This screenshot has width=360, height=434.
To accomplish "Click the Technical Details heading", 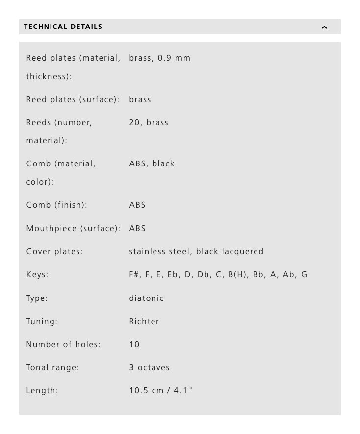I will (x=63, y=27).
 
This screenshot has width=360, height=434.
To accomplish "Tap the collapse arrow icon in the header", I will (x=324, y=27).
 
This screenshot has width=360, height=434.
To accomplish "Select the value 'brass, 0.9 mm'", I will (x=159, y=58).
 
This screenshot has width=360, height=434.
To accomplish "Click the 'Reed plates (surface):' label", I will (x=73, y=99).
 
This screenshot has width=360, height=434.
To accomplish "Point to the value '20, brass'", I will (x=149, y=122).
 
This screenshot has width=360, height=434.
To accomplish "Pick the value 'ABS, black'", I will (x=152, y=163).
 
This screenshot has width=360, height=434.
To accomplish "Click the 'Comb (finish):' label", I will (x=56, y=205).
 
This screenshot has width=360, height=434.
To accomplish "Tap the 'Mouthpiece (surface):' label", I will (x=73, y=228).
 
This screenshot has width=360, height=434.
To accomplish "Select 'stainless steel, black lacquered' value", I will (x=196, y=251).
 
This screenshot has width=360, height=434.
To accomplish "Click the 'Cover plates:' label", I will (x=54, y=251).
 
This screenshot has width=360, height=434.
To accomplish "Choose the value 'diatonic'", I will (x=146, y=298).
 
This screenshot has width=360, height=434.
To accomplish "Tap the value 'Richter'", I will (x=144, y=321).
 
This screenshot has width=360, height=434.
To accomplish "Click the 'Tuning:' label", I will (x=42, y=321).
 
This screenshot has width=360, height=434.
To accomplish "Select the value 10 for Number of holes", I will (x=134, y=344).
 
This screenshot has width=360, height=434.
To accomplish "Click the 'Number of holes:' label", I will (x=63, y=344).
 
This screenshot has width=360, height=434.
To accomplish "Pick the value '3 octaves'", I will (x=149, y=367).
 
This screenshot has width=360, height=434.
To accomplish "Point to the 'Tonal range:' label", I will (x=52, y=367).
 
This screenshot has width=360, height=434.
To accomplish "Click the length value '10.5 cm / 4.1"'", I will (x=161, y=391).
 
